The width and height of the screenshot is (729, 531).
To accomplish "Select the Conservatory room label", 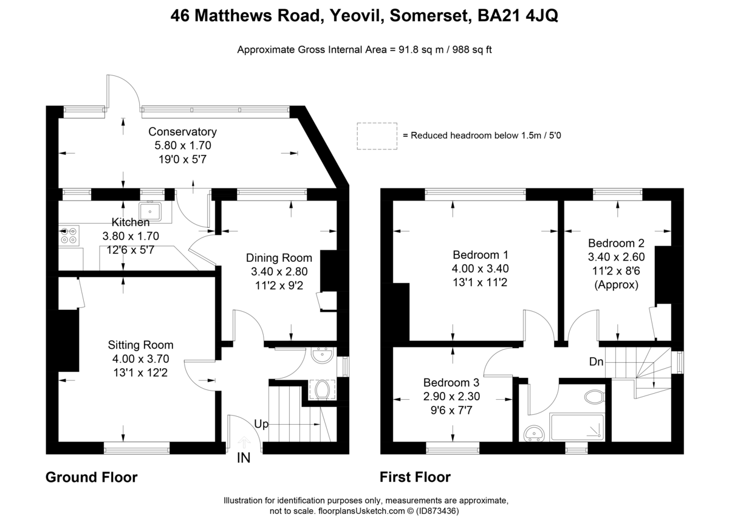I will (182, 132).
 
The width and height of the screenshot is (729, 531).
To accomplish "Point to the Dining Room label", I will (279, 258).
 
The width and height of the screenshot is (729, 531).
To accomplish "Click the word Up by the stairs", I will (261, 424).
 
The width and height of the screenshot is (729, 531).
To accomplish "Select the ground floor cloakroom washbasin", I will (322, 356).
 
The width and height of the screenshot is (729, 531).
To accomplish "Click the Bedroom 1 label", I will (481, 255).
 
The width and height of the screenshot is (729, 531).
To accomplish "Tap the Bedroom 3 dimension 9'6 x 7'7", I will (451, 409).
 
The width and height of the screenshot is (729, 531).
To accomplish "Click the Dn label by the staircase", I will (596, 362).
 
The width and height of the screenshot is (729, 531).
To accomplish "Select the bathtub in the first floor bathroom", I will (577, 428).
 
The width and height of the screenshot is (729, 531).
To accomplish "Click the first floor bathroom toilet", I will (593, 397).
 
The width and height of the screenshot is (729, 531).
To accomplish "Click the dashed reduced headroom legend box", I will (377, 136).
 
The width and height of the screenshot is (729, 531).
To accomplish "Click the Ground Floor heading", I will (91, 478).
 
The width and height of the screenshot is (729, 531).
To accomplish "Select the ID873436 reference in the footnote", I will (437, 512).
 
